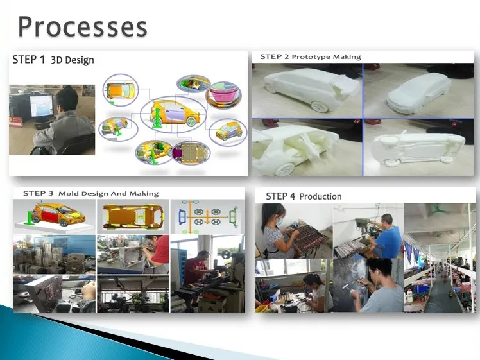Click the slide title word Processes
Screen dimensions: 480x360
coord(83,27)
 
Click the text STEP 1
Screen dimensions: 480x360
coord(28,60)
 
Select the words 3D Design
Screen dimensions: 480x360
coord(73,60)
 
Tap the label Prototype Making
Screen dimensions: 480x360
coord(327,57)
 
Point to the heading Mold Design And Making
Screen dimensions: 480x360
coord(108,193)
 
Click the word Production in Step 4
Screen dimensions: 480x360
coord(320,196)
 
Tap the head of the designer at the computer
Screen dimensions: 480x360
coord(67,99)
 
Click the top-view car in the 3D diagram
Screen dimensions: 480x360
coord(120,90)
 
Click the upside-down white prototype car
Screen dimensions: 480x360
coord(418,148)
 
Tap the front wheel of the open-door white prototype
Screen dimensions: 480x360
coord(284,169)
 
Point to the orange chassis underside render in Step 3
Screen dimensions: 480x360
coord(133,216)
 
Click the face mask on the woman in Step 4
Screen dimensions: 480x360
coord(280,221)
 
